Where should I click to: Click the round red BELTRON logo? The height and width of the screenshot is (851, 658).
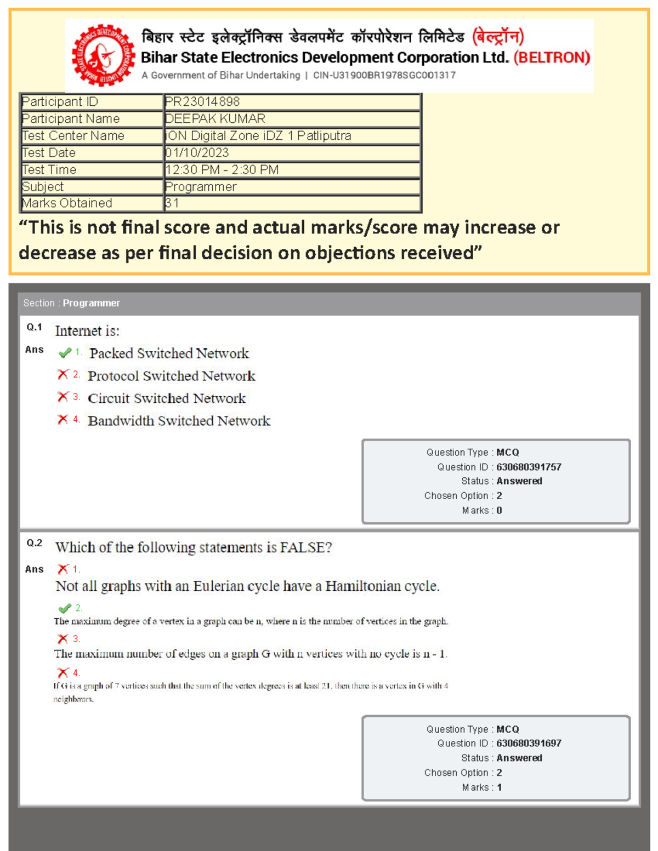coord(104,55)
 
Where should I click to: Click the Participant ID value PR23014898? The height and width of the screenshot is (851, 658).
coord(202,102)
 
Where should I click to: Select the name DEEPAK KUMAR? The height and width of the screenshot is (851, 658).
coord(215,119)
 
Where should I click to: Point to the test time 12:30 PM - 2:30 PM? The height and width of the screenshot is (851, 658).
coord(222,170)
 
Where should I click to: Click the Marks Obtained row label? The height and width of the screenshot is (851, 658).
coord(67,203)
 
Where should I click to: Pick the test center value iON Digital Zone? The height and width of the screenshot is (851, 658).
coord(258,136)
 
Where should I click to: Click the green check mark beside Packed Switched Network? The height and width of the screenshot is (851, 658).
coord(65,353)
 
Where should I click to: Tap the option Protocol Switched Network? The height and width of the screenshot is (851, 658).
coord(171,376)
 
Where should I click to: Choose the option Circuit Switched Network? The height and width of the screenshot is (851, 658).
coord(166,398)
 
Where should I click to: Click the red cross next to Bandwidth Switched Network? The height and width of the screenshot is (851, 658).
coord(63,420)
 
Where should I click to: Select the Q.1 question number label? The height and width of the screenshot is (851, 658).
coord(34,327)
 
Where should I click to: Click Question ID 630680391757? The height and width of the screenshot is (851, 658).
coord(529,467)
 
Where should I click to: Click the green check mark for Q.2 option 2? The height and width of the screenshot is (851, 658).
coord(65,608)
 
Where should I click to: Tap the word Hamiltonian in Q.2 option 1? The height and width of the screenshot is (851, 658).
coord(362,586)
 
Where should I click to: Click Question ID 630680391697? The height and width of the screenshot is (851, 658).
coord(529,744)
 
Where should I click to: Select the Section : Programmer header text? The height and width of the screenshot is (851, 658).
coord(71,303)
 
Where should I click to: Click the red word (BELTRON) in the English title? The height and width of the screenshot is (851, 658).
coord(551,58)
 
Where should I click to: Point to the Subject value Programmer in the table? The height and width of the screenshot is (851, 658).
coord(201,187)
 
